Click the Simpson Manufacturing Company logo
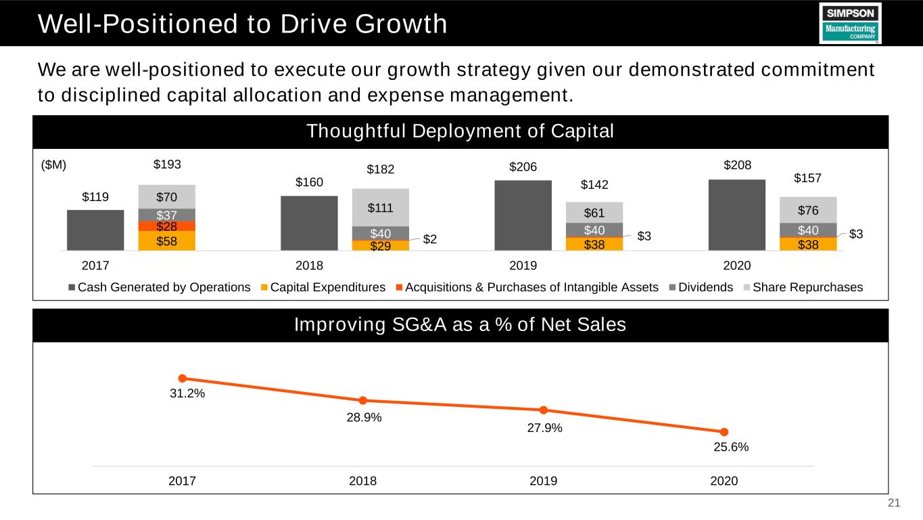(849, 23)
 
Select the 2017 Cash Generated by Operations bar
(95, 230)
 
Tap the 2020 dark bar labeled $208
(736, 215)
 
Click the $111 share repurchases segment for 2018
(380, 207)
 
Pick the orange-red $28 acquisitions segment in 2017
(166, 226)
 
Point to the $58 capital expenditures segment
(166, 240)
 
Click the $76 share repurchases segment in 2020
(807, 210)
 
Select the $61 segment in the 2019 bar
(594, 213)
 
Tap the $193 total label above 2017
(168, 165)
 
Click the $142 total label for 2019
(596, 184)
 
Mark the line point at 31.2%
(182, 378)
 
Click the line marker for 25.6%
(724, 432)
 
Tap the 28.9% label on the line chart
(362, 418)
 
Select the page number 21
(894, 503)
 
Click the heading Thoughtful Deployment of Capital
(460, 132)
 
